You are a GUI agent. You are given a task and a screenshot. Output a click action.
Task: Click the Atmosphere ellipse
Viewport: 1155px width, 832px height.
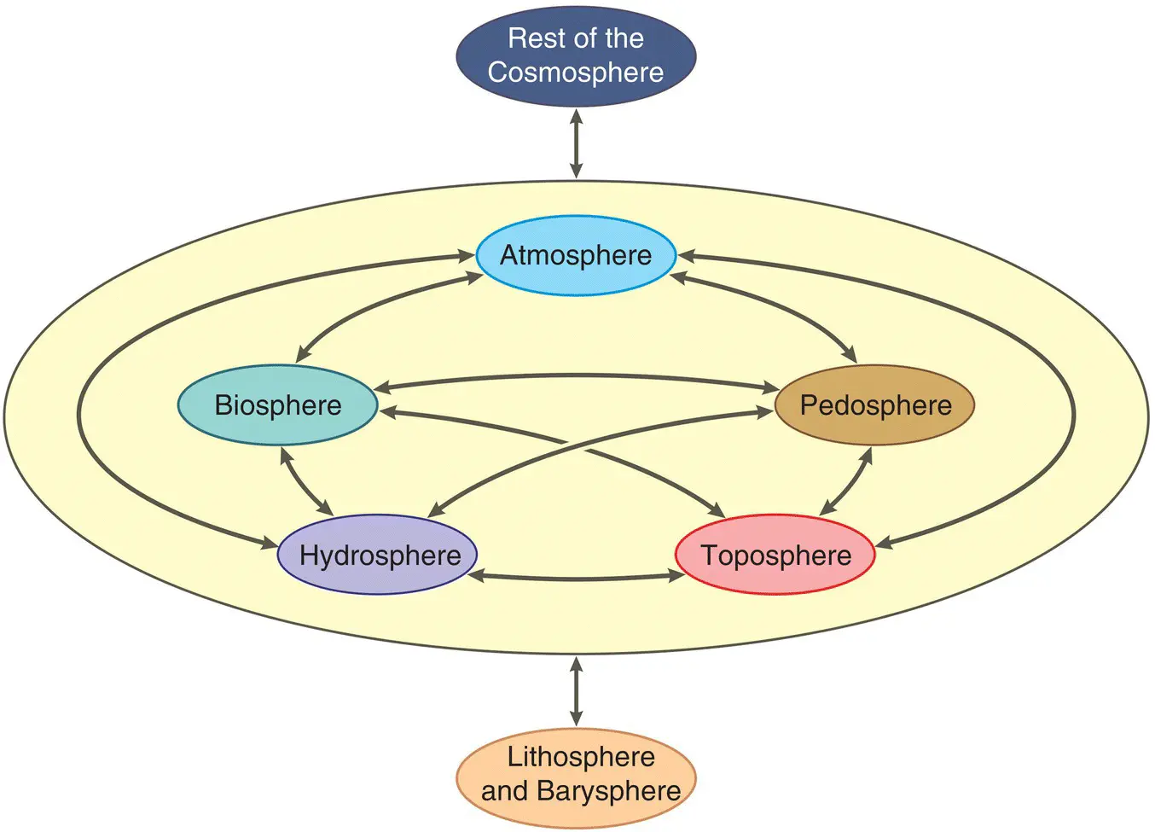(x=576, y=255)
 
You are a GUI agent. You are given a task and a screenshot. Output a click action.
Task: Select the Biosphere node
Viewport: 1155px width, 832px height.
(x=277, y=405)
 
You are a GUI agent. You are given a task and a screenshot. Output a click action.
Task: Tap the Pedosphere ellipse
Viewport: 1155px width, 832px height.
(x=875, y=405)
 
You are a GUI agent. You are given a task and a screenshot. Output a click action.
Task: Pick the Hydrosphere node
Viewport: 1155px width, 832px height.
(x=378, y=556)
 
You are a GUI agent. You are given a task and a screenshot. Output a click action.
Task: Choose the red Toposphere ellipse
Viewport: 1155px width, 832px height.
(x=775, y=556)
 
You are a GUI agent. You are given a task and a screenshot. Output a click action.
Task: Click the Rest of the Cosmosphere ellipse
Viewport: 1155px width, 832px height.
(x=576, y=55)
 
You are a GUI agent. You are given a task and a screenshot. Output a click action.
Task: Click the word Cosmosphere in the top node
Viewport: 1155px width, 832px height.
(x=576, y=73)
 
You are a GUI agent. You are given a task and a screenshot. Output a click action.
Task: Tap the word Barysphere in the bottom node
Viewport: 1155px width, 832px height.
(x=609, y=791)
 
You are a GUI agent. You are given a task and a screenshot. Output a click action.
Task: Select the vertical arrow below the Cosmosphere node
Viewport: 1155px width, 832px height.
(x=576, y=143)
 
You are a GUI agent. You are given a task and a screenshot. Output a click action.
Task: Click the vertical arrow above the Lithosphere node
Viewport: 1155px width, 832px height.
(x=576, y=691)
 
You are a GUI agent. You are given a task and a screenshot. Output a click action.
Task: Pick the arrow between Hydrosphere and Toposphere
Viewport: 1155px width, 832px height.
(x=577, y=578)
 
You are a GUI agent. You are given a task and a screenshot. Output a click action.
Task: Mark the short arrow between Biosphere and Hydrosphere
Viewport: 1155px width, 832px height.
(x=306, y=481)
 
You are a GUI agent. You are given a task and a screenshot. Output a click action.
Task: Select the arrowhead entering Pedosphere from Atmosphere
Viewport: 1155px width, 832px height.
(x=850, y=355)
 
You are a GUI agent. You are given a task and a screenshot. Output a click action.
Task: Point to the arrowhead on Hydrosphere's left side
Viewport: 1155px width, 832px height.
(x=270, y=543)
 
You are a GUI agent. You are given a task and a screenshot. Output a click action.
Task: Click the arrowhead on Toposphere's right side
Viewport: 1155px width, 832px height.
(x=884, y=543)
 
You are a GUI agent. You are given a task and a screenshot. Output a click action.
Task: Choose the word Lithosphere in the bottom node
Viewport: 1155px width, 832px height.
(x=581, y=757)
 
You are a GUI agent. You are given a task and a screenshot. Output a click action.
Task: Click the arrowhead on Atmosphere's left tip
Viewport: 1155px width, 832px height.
(x=466, y=255)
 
